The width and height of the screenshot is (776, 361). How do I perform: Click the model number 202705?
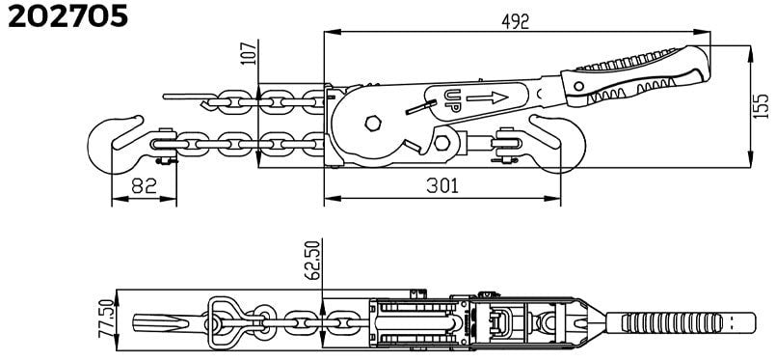pos(68,16)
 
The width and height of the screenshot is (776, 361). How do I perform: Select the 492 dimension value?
pos(515,21)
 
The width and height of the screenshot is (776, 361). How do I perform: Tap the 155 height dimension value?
pos(763,105)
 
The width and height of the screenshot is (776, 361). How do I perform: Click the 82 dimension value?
pos(144,185)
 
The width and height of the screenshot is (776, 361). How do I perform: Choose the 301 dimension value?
pos(442,185)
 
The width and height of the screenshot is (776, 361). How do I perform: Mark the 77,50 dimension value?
pos(106,318)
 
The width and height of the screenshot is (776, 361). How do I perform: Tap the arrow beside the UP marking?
pos(487,97)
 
